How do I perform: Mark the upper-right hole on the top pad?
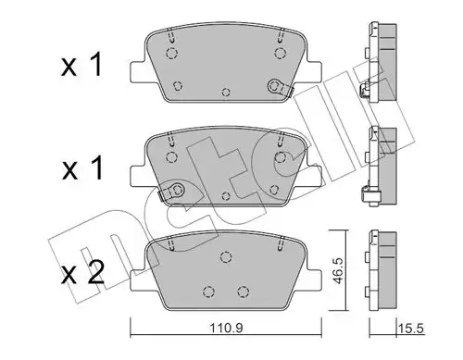click(x=275, y=54)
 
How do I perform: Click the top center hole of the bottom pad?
click(x=223, y=258)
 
